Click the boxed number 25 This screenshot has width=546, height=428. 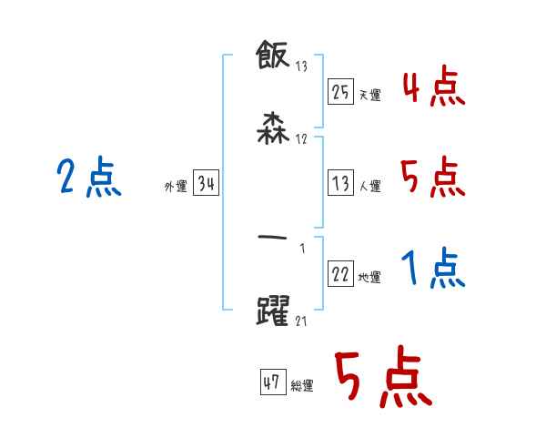tap(340, 92)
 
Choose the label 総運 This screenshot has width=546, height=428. tap(302, 385)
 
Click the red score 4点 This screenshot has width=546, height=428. tap(432, 88)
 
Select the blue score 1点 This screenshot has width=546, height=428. tap(432, 269)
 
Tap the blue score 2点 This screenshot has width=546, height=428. tap(88, 177)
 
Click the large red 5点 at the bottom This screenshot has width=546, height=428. tap(382, 378)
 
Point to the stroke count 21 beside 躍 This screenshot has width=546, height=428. tap(301, 321)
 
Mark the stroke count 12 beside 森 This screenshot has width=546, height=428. tap(301, 138)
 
